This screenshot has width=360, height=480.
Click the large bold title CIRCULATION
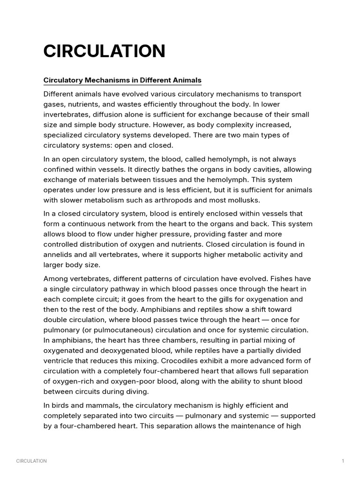pos(104,51)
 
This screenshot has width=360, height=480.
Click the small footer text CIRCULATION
pos(31,461)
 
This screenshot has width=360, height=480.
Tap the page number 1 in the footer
pos(343,461)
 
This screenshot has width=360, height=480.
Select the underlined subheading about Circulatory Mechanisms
pos(122,80)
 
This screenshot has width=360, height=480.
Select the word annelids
pos(59,255)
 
